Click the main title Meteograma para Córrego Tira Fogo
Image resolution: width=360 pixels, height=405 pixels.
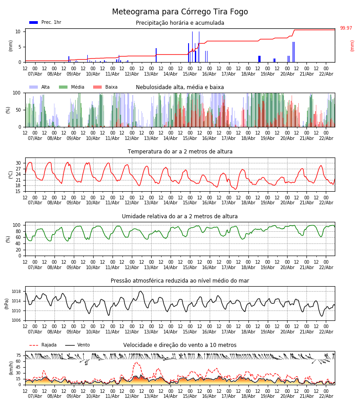(180, 12)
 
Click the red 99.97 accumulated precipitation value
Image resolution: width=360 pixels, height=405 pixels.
(346, 28)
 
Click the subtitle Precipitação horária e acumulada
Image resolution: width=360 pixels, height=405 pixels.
(180, 23)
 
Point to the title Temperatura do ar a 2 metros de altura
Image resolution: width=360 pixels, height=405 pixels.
(180, 152)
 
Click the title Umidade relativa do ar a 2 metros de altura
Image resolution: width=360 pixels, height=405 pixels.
(180, 216)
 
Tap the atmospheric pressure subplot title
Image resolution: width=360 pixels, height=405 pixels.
(180, 281)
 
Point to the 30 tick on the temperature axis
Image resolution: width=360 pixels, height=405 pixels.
(18, 163)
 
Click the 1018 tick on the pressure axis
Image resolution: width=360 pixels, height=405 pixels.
(16, 292)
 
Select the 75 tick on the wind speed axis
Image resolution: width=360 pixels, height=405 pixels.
(18, 355)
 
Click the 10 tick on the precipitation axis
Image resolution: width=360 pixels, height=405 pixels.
(18, 31)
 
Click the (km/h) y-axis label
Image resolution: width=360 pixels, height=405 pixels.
(11, 368)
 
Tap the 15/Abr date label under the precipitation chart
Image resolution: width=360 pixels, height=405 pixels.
(190, 74)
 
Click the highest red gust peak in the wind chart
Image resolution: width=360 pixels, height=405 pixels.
(136, 362)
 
